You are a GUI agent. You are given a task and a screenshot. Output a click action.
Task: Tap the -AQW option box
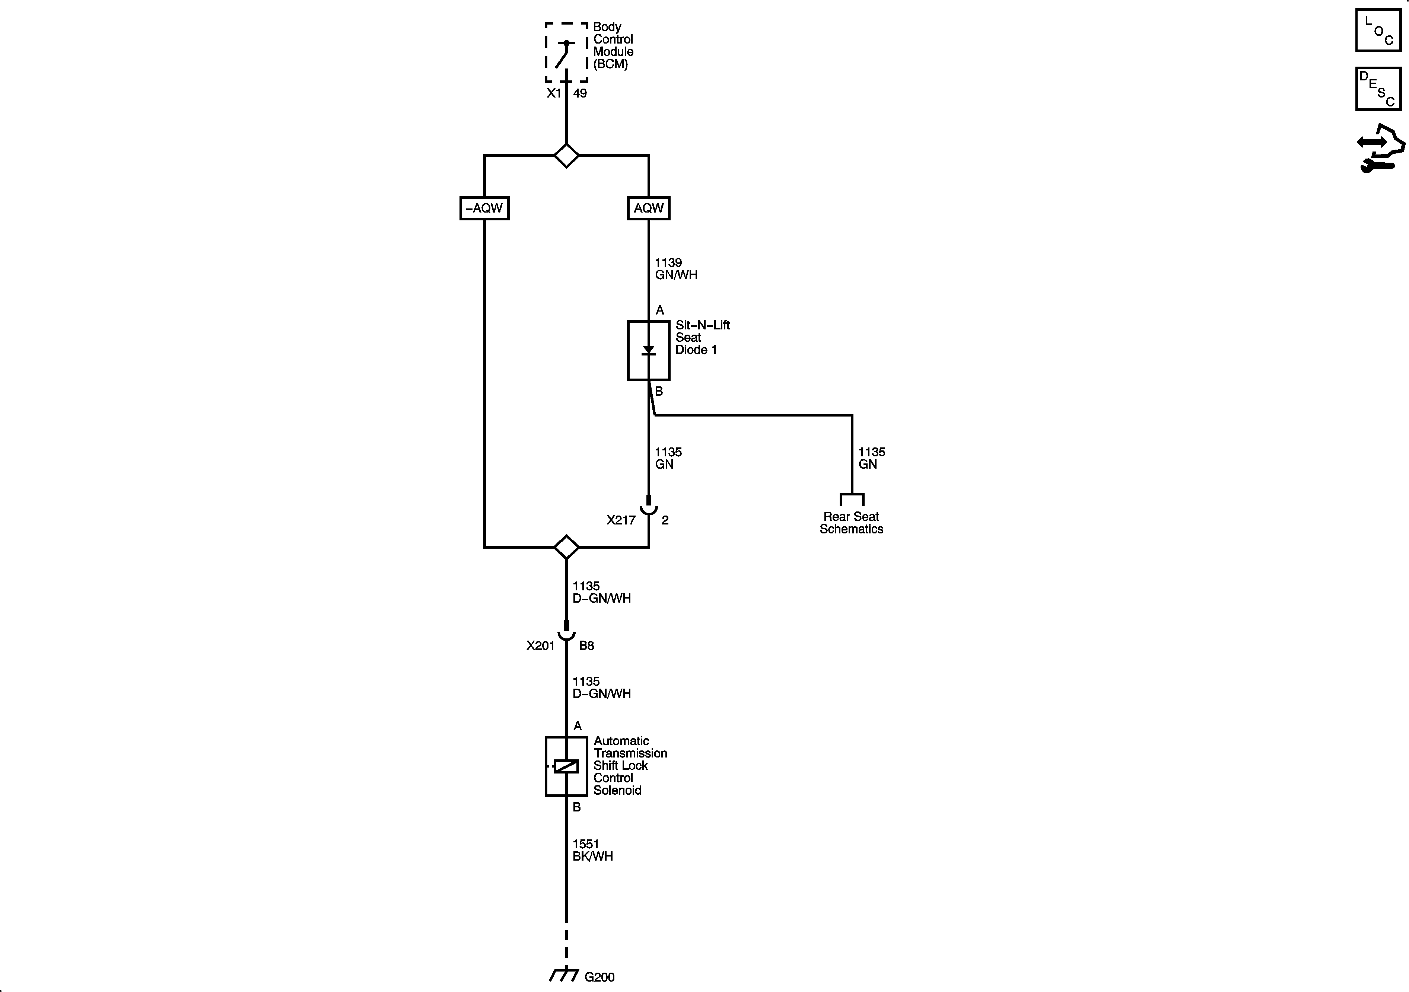click(x=484, y=208)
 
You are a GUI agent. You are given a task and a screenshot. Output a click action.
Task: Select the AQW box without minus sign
click(x=648, y=208)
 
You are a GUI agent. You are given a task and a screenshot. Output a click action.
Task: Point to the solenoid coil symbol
click(x=566, y=766)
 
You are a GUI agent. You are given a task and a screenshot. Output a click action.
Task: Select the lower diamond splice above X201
click(x=566, y=546)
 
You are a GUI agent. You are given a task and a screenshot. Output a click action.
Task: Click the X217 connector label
click(x=620, y=520)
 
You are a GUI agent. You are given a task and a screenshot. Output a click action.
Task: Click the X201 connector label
click(x=540, y=645)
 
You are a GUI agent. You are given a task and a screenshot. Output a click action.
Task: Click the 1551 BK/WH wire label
click(x=592, y=850)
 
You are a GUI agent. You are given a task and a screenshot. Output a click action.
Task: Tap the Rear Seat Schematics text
click(x=851, y=523)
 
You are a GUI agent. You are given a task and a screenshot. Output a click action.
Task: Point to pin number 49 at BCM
click(x=580, y=93)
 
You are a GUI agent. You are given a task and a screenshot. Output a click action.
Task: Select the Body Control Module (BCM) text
click(x=613, y=45)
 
